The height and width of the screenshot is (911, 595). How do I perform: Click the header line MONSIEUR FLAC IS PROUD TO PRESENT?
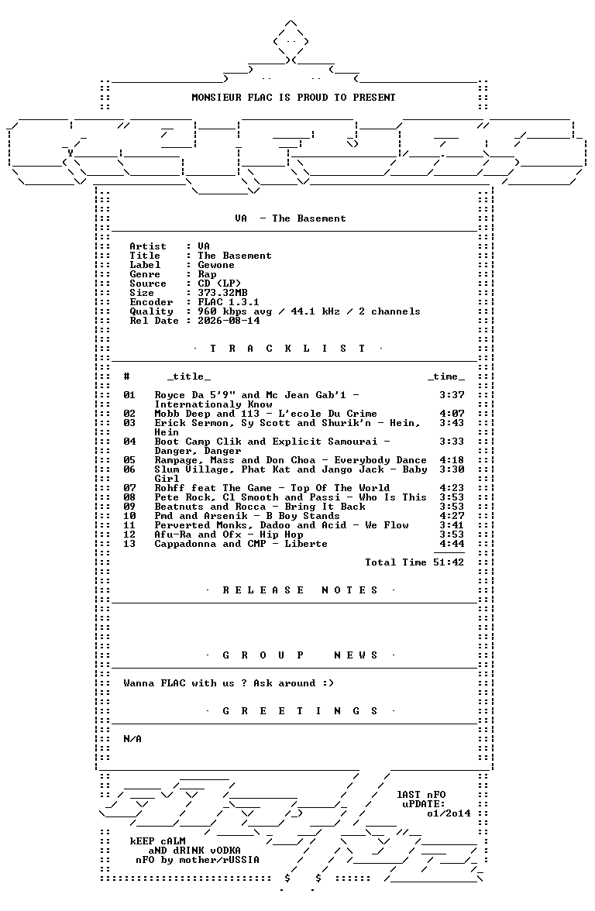point(294,98)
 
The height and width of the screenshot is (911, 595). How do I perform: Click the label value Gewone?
point(216,265)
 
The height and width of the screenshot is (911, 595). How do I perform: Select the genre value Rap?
point(207,274)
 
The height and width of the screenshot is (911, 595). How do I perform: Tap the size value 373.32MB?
point(222,293)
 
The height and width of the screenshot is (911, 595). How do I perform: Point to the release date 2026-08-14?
point(229,321)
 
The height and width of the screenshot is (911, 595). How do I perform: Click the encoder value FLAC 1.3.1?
point(229,302)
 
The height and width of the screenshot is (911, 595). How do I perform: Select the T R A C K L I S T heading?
point(287,349)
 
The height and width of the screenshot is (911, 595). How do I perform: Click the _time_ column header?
point(445,376)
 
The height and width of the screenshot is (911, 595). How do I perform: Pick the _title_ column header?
point(189,376)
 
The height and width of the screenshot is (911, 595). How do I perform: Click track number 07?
point(129,488)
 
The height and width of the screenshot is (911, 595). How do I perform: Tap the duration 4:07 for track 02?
point(452,414)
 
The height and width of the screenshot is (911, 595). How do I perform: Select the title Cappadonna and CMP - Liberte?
point(241,544)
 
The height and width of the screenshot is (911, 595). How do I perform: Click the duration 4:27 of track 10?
point(452,516)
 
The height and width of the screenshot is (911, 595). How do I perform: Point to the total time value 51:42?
point(449,562)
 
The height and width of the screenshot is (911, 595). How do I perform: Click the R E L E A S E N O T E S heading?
point(301,590)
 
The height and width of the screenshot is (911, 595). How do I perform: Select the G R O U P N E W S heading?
point(301,655)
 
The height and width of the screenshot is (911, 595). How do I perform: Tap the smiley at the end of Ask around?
point(328,683)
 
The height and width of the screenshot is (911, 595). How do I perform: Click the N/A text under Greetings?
point(132,739)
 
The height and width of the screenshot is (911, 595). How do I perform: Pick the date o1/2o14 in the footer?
point(449,813)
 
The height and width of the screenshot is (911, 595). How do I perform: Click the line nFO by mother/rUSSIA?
point(198,860)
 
